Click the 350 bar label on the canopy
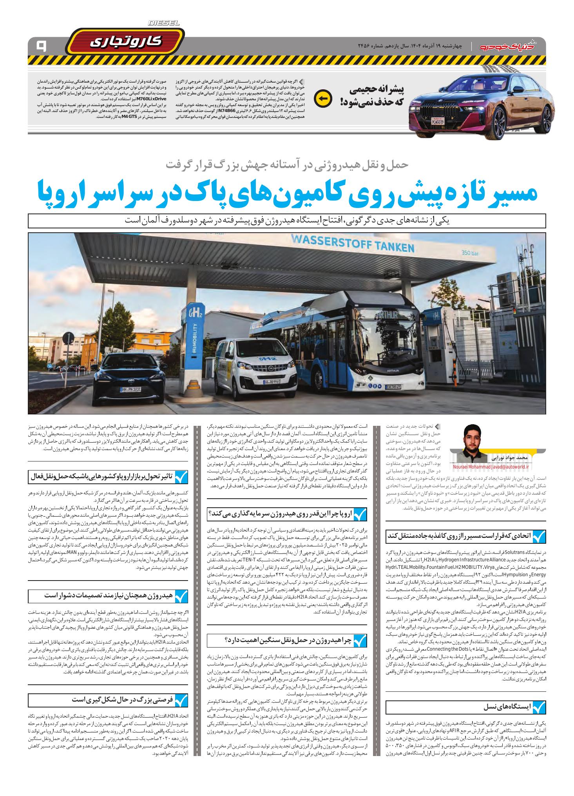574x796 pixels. click(x=470, y=253)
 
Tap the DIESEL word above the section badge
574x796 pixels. click(x=164, y=24)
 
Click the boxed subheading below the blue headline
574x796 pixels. click(x=287, y=220)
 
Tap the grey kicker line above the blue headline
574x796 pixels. click(x=288, y=165)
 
